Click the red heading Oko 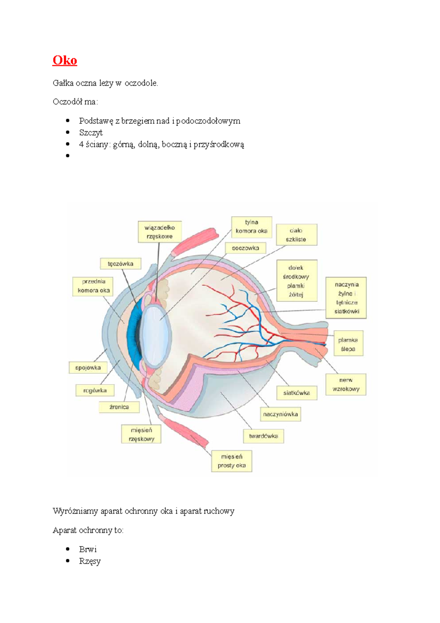[65, 60]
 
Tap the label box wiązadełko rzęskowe [159, 232]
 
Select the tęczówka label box [121, 264]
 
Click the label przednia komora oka [93, 286]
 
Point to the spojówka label [88, 368]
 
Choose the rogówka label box [95, 390]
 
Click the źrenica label [119, 407]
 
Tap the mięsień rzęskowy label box [141, 434]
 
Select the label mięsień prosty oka [232, 461]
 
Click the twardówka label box [263, 436]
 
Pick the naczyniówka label [280, 414]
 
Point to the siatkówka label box [296, 393]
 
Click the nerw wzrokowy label [346, 385]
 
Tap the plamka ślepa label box [348, 344]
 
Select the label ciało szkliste [296, 235]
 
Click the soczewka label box [245, 248]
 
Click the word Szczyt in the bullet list [91, 132]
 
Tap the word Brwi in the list [88, 549]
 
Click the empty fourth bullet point [68, 156]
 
